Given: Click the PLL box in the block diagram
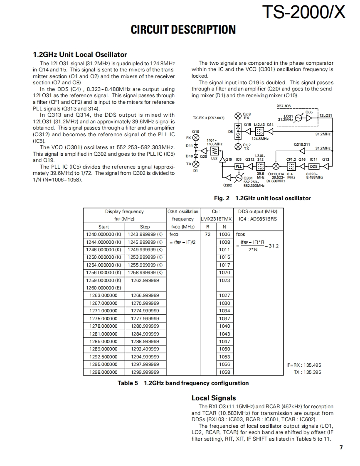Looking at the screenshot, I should (239, 167).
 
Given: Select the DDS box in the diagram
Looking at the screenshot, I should (314, 167).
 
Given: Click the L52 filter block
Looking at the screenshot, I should (215, 151).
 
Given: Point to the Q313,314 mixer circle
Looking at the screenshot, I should (275, 167).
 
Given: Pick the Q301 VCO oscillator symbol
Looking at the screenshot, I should (239, 178).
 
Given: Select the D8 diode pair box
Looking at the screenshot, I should (238, 132).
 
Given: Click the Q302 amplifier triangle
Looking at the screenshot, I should (224, 178).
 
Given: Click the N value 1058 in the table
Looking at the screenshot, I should (224, 372).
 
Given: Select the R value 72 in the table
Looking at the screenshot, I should (208, 234).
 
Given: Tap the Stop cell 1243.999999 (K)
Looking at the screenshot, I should (145, 234).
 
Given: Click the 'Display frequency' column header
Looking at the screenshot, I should (124, 211).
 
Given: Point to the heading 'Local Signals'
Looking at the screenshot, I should (213, 398).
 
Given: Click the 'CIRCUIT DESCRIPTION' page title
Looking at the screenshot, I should (183, 29).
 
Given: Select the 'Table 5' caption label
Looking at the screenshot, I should (127, 383).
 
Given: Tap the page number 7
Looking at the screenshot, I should (341, 447).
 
